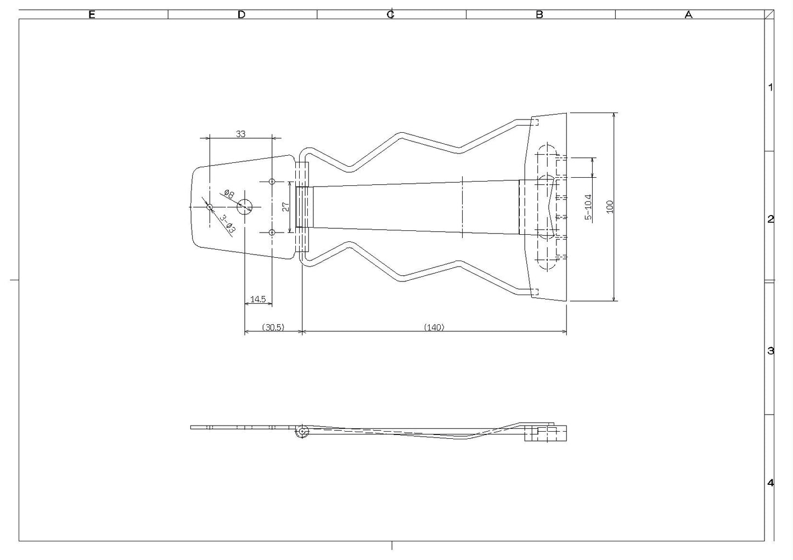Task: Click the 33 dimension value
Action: coord(241,134)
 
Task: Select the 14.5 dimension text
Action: coord(258,299)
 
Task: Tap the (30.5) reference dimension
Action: coord(273,327)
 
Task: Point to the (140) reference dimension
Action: coord(434,327)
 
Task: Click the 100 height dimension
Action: coord(610,207)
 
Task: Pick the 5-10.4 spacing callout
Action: coord(588,207)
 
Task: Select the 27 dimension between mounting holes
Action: coord(286,207)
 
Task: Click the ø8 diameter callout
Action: coord(229,194)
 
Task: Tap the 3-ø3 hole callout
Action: coord(227,224)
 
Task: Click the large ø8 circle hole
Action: coord(245,207)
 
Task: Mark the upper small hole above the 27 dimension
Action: coord(272,182)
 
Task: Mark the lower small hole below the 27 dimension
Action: coord(272,233)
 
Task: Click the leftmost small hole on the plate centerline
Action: coord(210,207)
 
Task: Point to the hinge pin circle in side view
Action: coord(302,431)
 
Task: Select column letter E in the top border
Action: coord(92,14)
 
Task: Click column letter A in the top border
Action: coord(689,14)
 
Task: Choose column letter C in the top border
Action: coord(391,14)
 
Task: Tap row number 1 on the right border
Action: coord(770,87)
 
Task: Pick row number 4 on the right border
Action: coord(770,483)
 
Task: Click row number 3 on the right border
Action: coord(770,351)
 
